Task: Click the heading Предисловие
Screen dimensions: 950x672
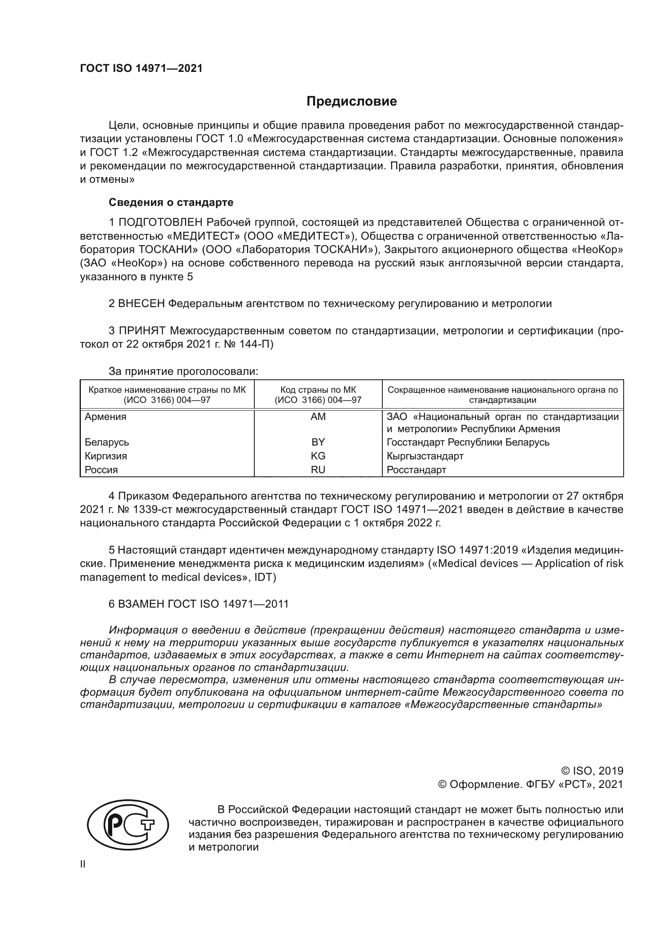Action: [351, 102]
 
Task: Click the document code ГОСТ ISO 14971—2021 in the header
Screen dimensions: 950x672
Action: [141, 69]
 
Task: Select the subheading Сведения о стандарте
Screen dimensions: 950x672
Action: [171, 202]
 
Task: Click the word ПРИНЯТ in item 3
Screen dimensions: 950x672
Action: [142, 331]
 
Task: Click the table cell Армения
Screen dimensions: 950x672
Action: [106, 417]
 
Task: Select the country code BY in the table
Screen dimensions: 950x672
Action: [318, 442]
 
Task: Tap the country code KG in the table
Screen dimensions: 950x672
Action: [318, 456]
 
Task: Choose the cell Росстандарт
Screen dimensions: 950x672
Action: [416, 470]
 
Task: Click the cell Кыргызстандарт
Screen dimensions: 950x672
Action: [425, 456]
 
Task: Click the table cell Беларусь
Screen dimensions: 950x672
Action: [107, 442]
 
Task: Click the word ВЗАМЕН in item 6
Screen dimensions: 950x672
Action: [142, 604]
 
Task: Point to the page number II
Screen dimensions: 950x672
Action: [83, 864]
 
